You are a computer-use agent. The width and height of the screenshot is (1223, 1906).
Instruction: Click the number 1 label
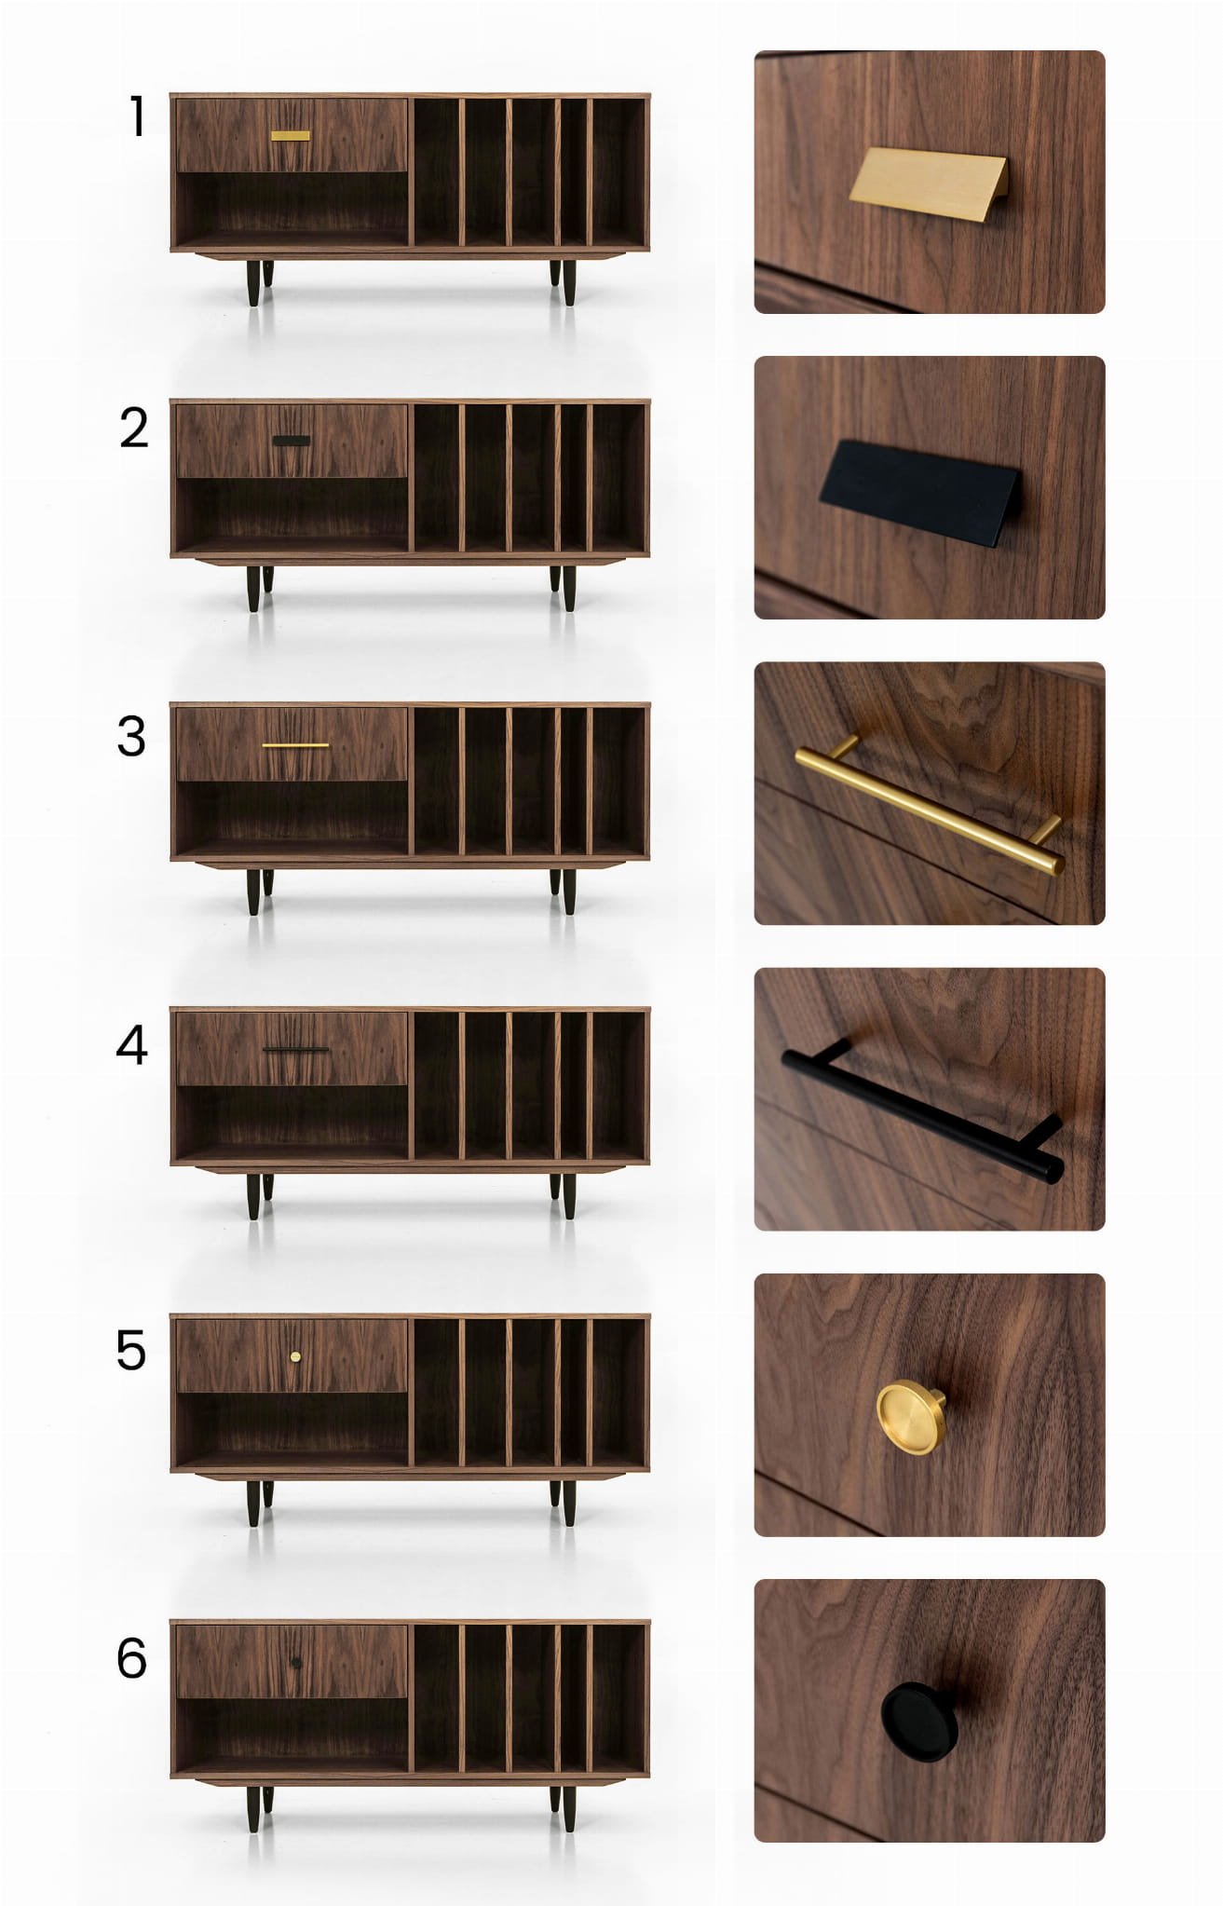click(x=138, y=116)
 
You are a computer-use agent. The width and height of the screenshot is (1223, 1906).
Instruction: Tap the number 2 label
click(x=134, y=429)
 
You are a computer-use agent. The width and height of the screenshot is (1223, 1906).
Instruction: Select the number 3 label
click(x=131, y=736)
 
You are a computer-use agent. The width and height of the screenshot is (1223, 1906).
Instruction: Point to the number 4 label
click(x=131, y=1044)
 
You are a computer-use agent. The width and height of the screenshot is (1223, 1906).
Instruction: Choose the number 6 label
click(x=131, y=1658)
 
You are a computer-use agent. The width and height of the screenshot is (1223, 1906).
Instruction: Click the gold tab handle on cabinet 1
click(x=291, y=136)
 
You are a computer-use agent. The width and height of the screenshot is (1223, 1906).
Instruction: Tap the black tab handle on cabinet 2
click(x=292, y=441)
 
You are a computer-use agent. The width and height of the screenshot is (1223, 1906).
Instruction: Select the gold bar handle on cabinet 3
click(x=295, y=745)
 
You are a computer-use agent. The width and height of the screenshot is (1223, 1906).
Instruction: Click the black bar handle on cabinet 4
click(x=296, y=1050)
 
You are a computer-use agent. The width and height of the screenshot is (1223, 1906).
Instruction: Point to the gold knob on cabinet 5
click(x=295, y=1356)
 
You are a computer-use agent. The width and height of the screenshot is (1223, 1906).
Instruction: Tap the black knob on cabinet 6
click(x=296, y=1663)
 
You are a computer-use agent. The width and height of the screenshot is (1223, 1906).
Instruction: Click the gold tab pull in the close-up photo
click(x=928, y=184)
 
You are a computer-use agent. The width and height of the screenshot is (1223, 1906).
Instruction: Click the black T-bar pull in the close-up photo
click(x=921, y=1112)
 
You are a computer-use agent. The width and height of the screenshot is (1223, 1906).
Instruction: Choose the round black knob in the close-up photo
click(x=918, y=1722)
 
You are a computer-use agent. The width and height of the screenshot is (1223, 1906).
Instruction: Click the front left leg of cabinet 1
click(x=253, y=282)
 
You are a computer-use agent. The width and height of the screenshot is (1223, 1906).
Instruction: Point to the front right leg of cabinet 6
click(x=569, y=1808)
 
